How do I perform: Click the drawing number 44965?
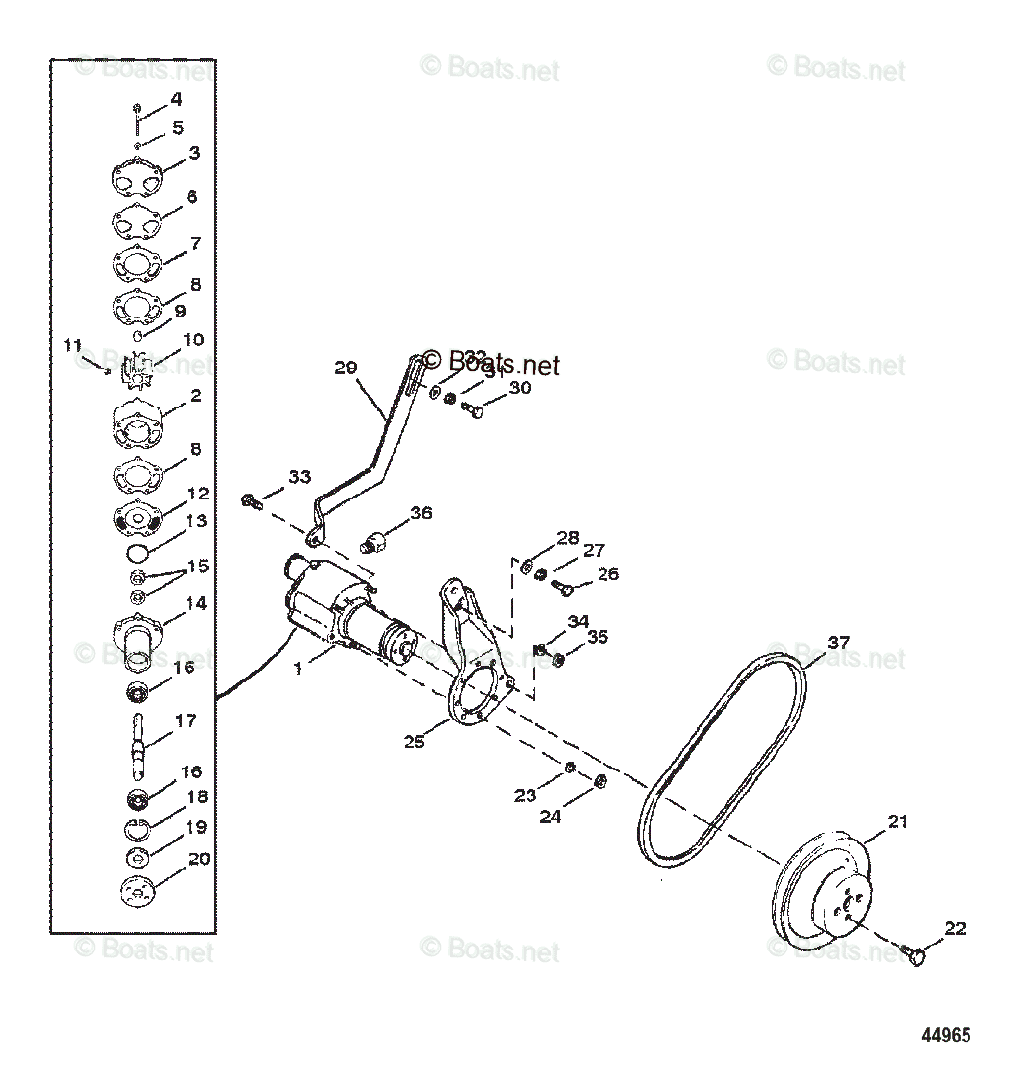(945, 1036)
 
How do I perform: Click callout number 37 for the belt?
(838, 643)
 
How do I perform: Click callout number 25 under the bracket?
(415, 741)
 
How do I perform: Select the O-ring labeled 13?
(139, 549)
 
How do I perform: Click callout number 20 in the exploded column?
(199, 860)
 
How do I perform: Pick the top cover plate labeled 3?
(139, 182)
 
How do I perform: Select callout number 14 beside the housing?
(196, 603)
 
